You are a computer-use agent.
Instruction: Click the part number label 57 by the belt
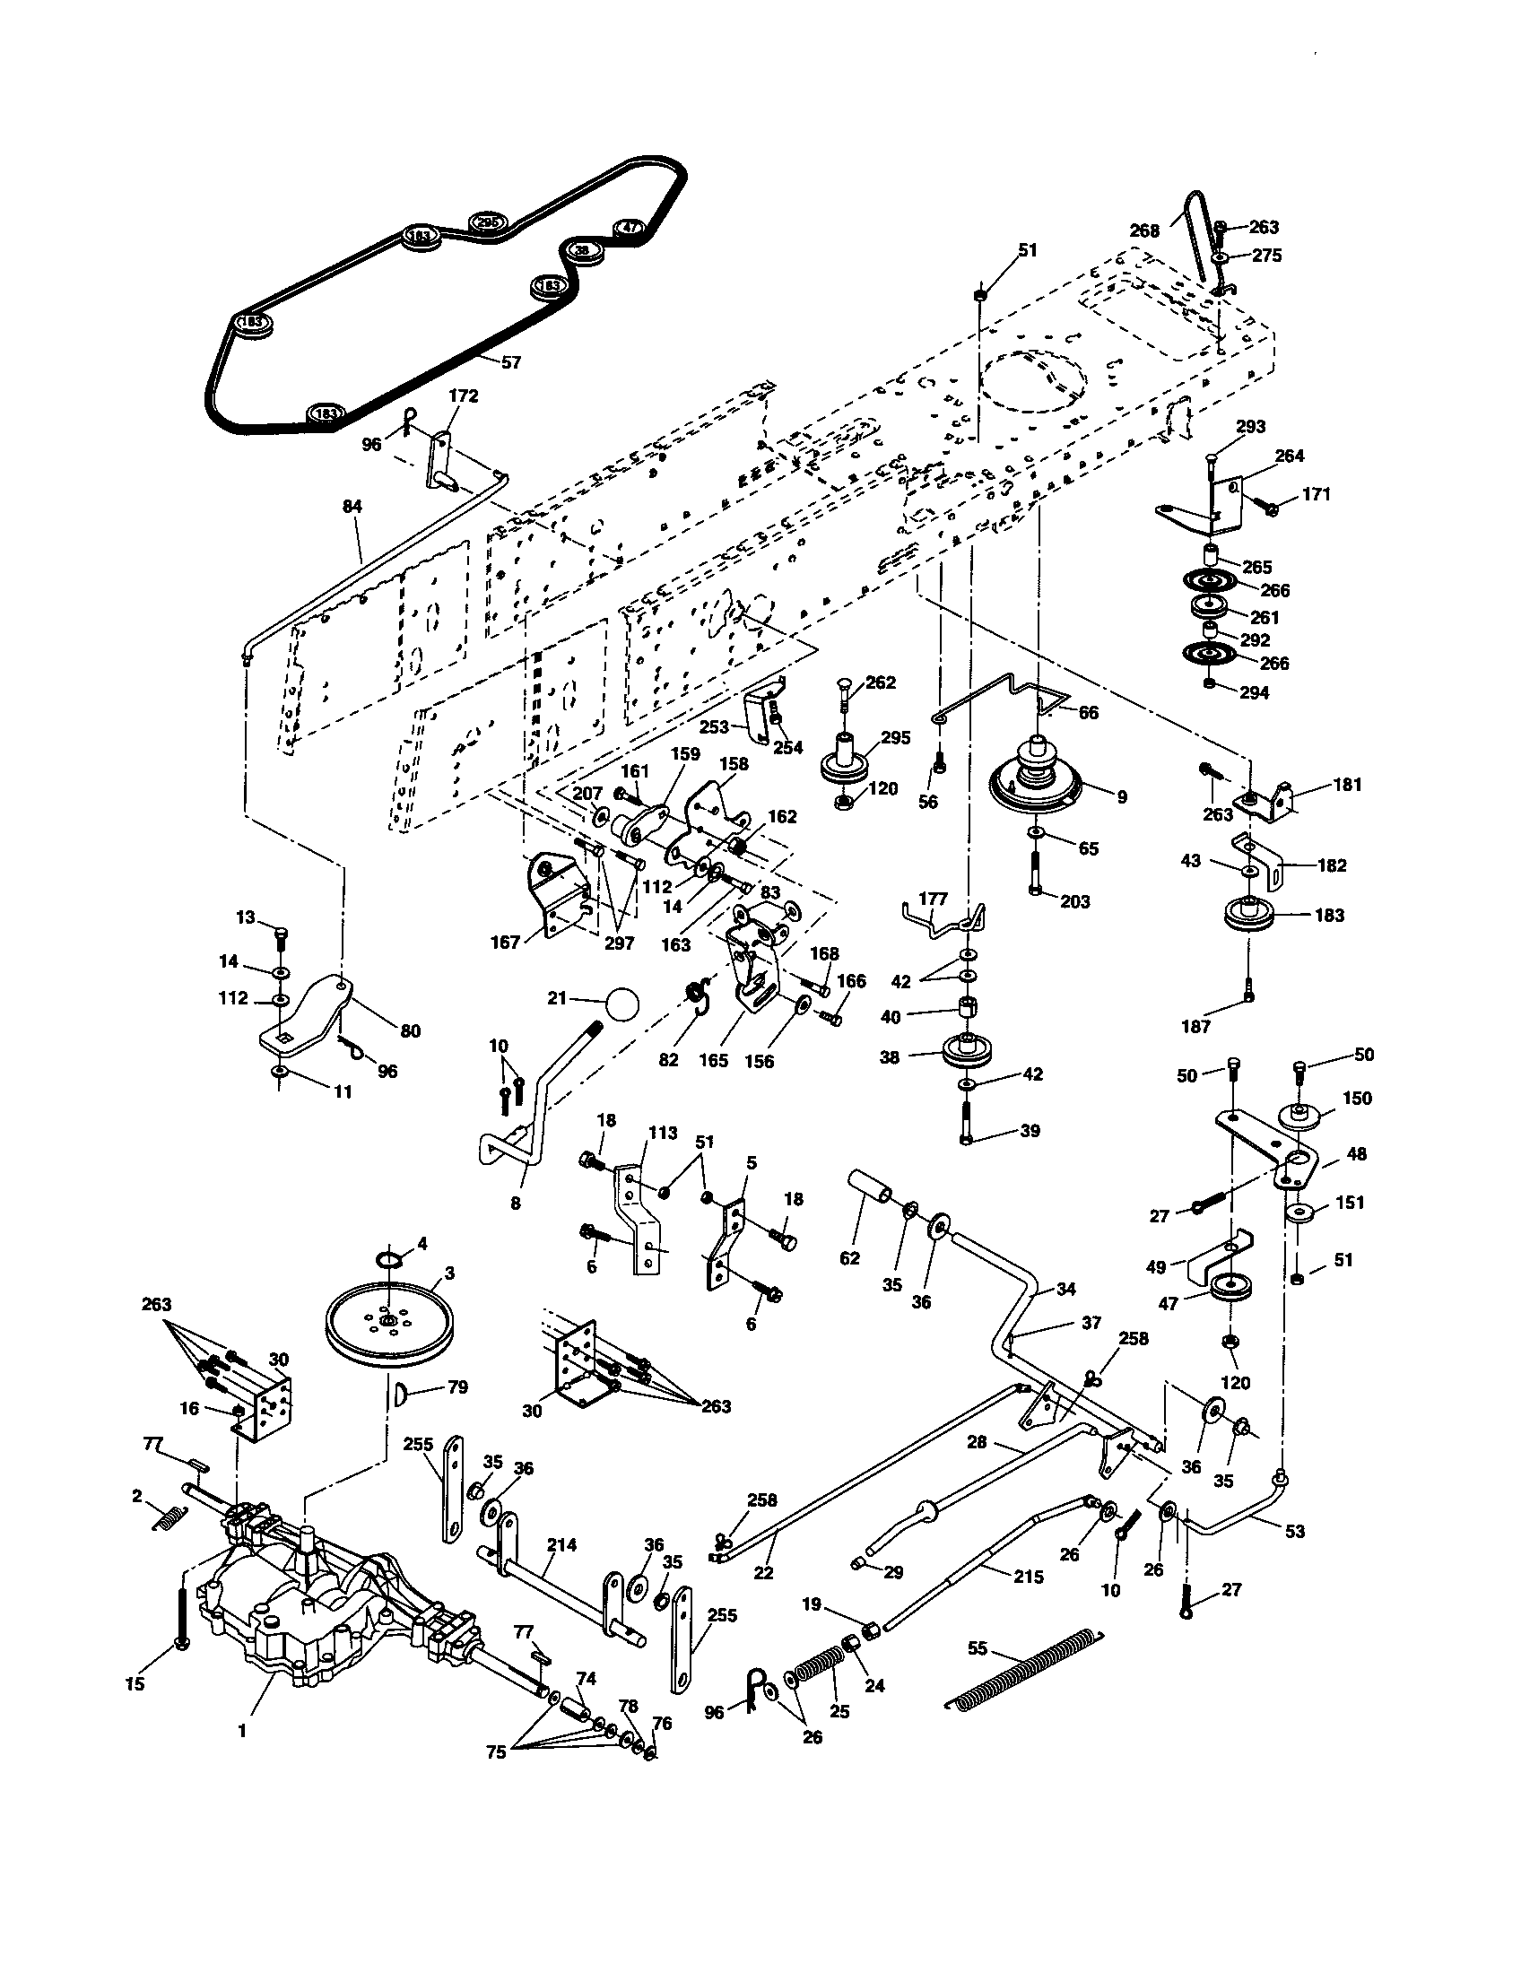[511, 362]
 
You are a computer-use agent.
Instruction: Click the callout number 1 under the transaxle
[242, 1732]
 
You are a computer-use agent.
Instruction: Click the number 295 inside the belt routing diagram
[488, 222]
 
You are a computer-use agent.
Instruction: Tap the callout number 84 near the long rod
[352, 507]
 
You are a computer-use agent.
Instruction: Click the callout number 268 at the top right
[1144, 230]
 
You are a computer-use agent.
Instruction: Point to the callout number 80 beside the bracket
[410, 1030]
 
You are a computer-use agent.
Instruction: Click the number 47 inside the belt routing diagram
[630, 228]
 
